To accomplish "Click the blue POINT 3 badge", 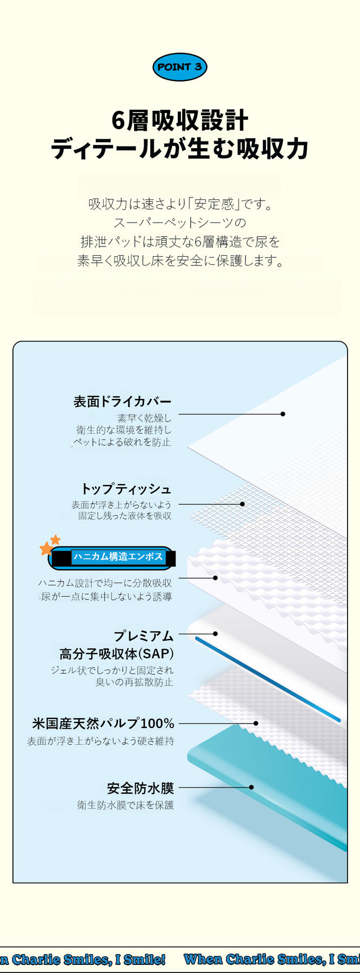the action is [180, 67].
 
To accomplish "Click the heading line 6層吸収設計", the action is [180, 121].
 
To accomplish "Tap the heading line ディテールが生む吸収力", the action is [180, 149].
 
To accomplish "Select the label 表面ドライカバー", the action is [123, 401].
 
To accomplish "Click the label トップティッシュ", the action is [126, 489].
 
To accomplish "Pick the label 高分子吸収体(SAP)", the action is [117, 654].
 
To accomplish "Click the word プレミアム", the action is [143, 636].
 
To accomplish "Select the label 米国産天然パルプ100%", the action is [103, 723].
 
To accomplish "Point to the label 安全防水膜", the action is [141, 788].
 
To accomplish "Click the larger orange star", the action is [46, 549].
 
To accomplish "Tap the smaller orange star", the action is [55, 539].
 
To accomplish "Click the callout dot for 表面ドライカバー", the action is [283, 414].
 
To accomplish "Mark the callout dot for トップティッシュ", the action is [242, 504].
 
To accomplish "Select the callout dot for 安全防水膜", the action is [251, 788].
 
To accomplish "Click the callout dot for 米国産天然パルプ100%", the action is [256, 723].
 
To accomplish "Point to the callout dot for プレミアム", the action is [215, 634].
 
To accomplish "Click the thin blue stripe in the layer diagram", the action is [268, 679].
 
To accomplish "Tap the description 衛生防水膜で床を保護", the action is [125, 805].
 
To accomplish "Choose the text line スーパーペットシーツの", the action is [180, 223].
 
